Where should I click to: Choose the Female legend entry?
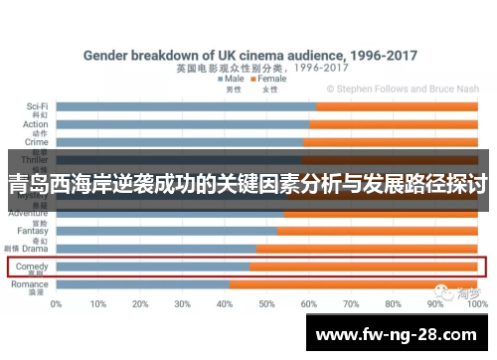pyautogui.click(x=269, y=79)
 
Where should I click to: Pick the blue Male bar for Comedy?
pyautogui.click(x=153, y=267)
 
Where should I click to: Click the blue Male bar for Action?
pyautogui.click(x=183, y=124)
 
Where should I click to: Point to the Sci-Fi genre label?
pyautogui.click(x=37, y=105)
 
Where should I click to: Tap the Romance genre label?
pyautogui.click(x=31, y=284)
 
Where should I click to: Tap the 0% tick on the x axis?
pyautogui.click(x=57, y=303)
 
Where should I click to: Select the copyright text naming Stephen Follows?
pyautogui.click(x=408, y=89)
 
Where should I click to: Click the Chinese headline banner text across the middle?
pyautogui.click(x=248, y=184)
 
